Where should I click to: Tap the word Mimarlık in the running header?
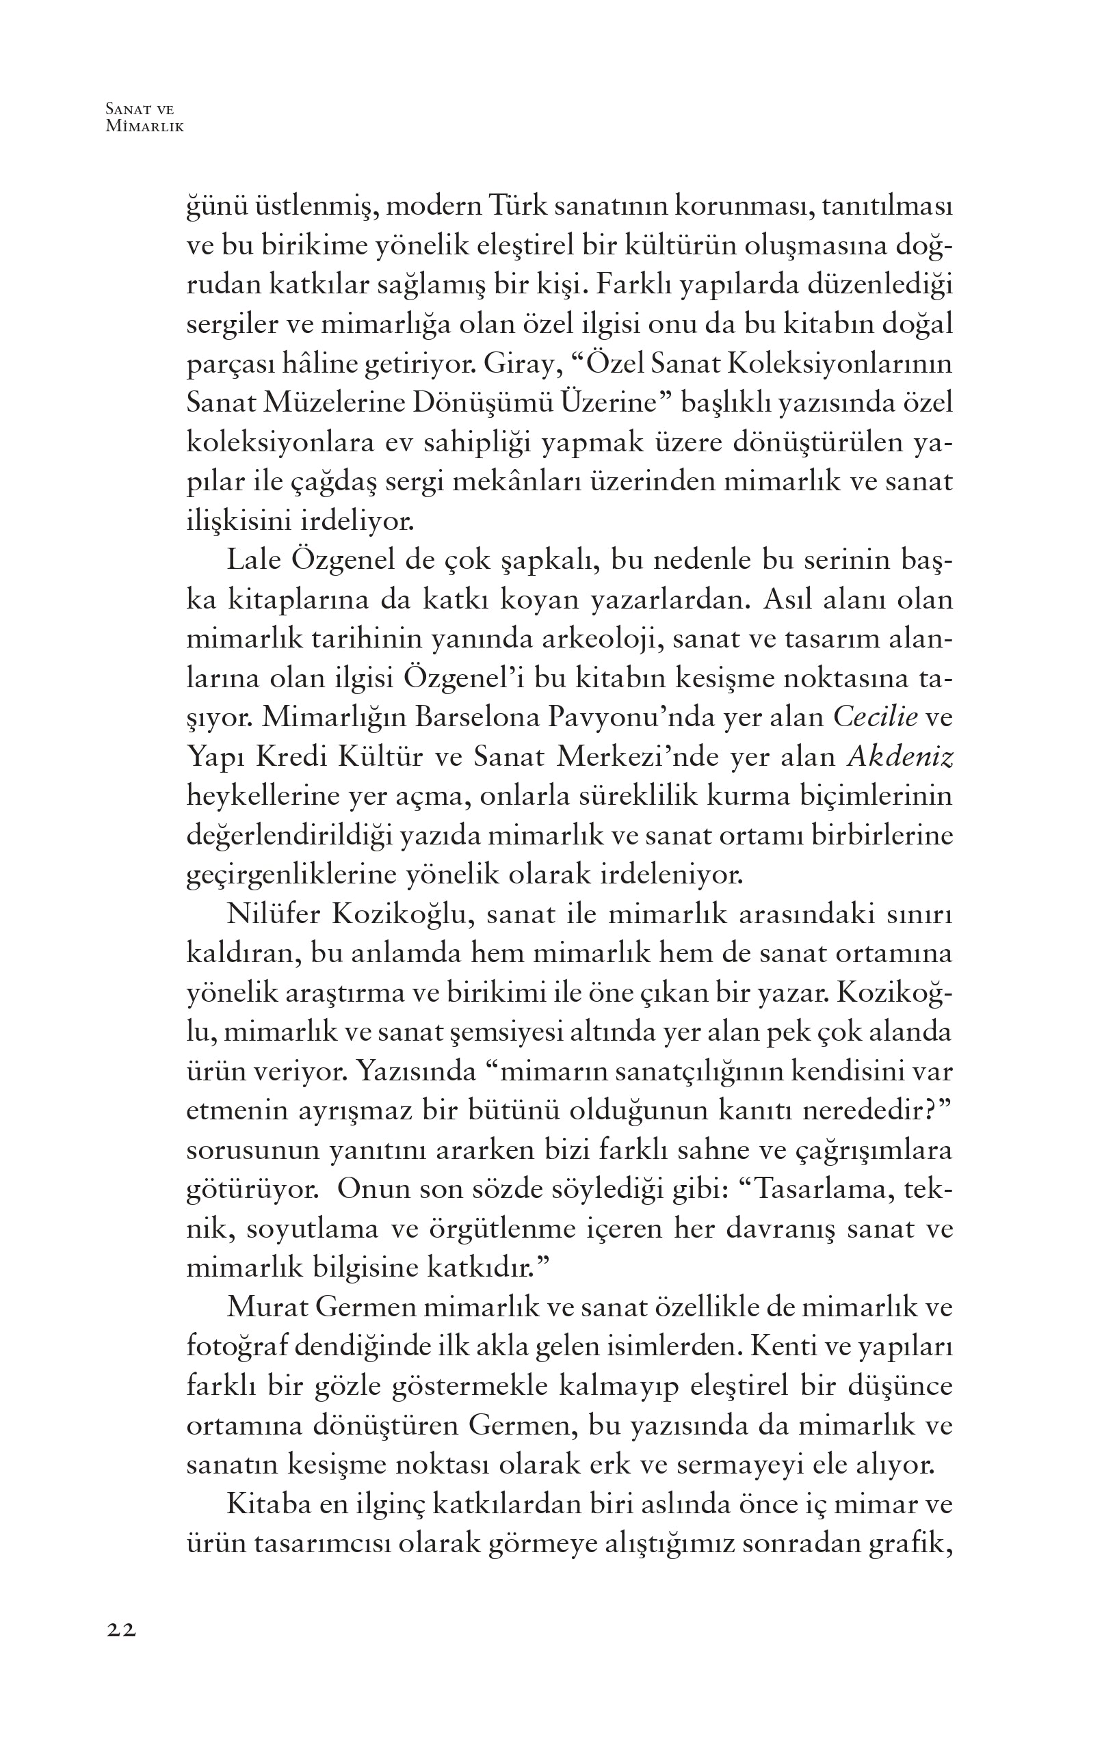point(144,126)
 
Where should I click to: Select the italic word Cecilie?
point(875,717)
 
